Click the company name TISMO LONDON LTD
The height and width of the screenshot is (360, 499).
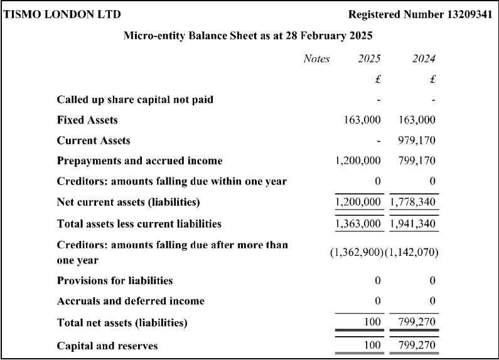54,14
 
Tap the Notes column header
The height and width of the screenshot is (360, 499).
316,59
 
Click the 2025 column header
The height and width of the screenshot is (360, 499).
369,59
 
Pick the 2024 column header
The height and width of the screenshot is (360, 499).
424,59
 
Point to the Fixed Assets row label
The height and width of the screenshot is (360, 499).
87,120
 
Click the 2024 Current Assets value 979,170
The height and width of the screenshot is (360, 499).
417,140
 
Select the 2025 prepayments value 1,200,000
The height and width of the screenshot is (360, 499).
358,161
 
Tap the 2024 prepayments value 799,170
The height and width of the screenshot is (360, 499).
417,161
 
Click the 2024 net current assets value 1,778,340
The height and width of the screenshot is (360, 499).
414,202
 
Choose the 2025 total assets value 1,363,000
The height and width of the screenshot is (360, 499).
358,223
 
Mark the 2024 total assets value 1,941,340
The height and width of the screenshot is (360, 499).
414,223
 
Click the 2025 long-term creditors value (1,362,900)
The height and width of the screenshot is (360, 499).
357,252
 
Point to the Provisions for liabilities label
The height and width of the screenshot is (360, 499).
115,280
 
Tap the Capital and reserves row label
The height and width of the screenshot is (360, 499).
107,346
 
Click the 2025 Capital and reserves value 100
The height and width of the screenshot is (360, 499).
373,346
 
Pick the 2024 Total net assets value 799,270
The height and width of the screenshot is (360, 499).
417,323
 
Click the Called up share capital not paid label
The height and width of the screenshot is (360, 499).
135,100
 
